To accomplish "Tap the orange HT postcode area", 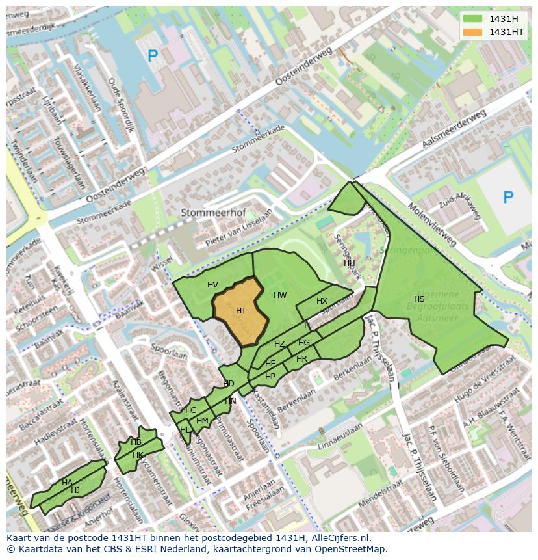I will point(240,311).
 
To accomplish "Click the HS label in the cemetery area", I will point(419,299).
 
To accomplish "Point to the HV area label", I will point(212,285).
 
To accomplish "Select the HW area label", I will point(280,295).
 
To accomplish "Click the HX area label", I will point(322,301).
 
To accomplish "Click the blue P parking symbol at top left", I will point(153,57).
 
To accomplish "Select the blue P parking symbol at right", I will point(508,197).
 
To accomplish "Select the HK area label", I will point(138,455).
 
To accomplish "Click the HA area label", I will point(67,482).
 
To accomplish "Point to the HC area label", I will point(190,410).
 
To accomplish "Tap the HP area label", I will point(270,377).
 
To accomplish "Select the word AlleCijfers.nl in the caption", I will point(337,538).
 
